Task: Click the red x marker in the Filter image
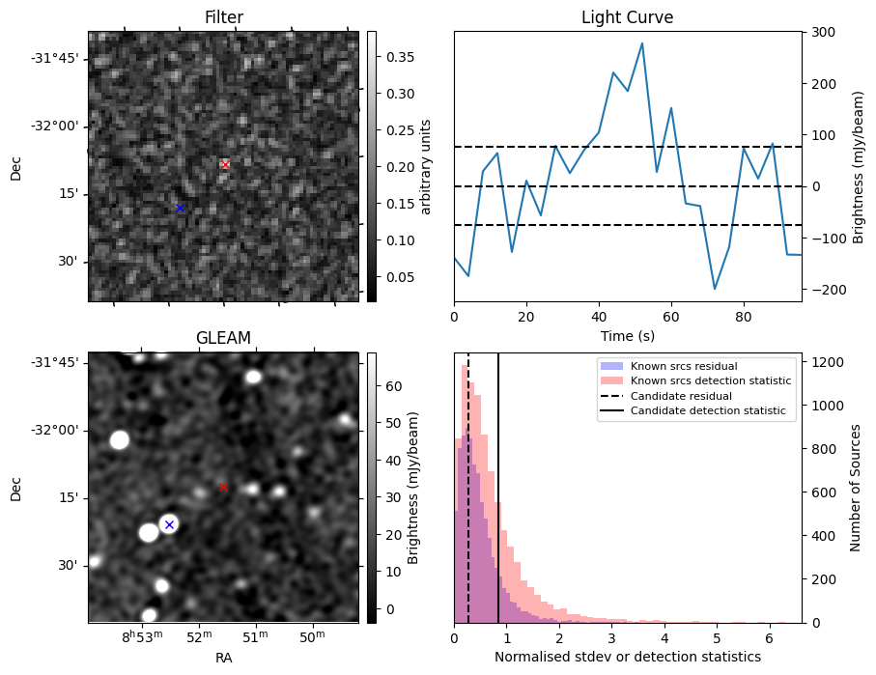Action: point(225,164)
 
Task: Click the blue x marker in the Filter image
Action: point(180,208)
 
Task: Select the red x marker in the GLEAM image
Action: point(223,487)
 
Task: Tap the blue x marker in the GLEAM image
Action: point(169,524)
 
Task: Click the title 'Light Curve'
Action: point(627,17)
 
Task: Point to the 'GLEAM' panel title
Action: point(223,337)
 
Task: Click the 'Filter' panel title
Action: point(223,17)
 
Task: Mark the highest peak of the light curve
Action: point(642,43)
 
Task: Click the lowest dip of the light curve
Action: point(715,289)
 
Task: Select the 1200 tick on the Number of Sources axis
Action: point(828,362)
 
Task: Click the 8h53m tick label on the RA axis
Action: point(142,637)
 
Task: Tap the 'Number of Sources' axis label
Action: point(856,488)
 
